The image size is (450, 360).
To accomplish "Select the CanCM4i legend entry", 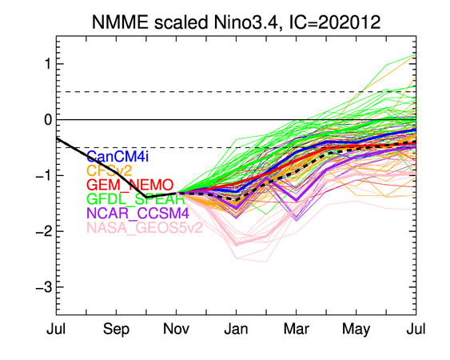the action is pos(117,157).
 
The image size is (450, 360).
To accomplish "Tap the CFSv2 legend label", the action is pos(109,170).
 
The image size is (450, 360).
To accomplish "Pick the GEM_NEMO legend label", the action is pos(130,185).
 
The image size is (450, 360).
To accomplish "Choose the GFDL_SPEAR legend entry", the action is pos(135,199).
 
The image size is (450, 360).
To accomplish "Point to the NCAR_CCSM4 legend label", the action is pos(137,213).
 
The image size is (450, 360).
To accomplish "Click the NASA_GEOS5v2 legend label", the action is pos(145,228).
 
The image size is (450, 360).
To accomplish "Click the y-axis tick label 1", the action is pos(48,64).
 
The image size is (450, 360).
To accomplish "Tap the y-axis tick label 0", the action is pos(48,119).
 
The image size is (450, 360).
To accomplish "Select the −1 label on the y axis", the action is pos(44,175).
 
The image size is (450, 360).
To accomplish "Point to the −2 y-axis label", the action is pos(44,231).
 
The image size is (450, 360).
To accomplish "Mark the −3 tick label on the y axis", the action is pos(44,287).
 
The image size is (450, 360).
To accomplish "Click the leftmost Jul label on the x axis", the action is pos(56,329).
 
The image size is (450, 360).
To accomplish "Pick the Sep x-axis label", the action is pos(116,329).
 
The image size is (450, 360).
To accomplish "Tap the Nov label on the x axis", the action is pos(176,329).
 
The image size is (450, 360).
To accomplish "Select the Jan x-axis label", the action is pos(237,329).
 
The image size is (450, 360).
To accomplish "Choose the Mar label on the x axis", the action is pos(297,329).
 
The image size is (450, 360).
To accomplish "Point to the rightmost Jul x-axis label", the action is pos(416,329).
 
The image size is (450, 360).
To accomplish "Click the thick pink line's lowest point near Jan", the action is pos(237,245).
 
